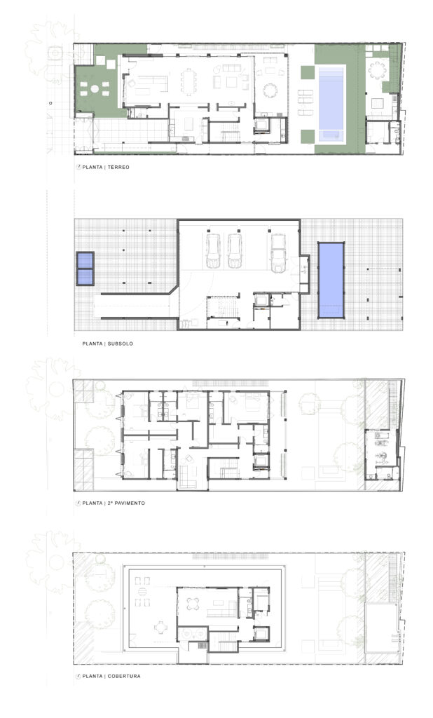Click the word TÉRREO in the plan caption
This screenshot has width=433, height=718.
pyautogui.click(x=118, y=167)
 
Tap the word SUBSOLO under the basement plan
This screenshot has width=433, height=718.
pyautogui.click(x=121, y=344)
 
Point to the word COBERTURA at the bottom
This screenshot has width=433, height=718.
pyautogui.click(x=124, y=676)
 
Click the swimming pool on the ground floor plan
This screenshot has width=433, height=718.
pyautogui.click(x=331, y=104)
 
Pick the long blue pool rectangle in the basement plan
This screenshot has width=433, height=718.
pyautogui.click(x=331, y=280)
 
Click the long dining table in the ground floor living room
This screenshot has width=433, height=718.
pyautogui.click(x=188, y=81)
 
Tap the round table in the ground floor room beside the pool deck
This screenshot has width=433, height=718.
pyautogui.click(x=270, y=90)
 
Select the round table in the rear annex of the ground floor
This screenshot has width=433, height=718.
pyautogui.click(x=378, y=70)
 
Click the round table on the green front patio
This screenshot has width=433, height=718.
pyautogui.click(x=95, y=88)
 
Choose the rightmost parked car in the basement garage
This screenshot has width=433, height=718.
pyautogui.click(x=278, y=252)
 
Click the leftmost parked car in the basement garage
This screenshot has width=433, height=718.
pyautogui.click(x=213, y=251)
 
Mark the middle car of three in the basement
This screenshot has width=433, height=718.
pyautogui.click(x=235, y=251)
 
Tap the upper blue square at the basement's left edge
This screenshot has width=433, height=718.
pyautogui.click(x=85, y=260)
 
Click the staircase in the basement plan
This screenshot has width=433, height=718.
pyautogui.click(x=223, y=307)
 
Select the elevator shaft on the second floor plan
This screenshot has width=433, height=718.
pyautogui.click(x=262, y=460)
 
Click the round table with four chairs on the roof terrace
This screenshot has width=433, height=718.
pyautogui.click(x=193, y=604)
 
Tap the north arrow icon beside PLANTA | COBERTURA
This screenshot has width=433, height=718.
pyautogui.click(x=78, y=676)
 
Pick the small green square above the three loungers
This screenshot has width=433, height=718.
pyautogui.click(x=308, y=72)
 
